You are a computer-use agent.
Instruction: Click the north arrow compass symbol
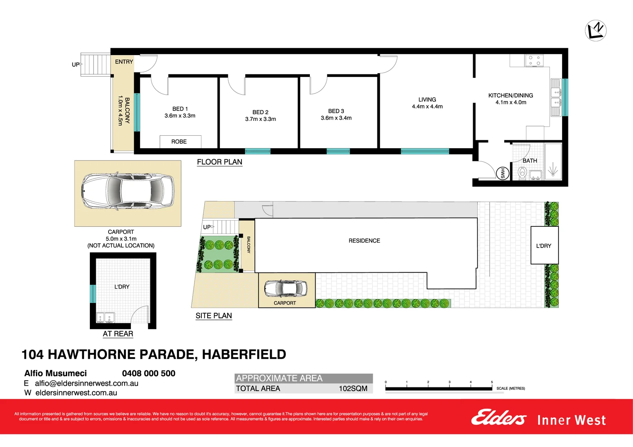coord(596,30)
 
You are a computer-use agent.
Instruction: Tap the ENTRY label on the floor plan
coord(124,62)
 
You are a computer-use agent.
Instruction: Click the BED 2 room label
coord(261,112)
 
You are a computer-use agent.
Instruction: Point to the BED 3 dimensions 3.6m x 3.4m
coord(336,118)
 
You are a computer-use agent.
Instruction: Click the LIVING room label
coord(427,99)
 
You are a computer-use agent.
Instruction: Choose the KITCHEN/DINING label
coord(510,95)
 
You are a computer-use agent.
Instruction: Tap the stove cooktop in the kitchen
coord(534,61)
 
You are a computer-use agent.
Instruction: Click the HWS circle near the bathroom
coord(503,173)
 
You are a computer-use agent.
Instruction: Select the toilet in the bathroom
coord(522,173)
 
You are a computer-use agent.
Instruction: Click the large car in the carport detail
coord(128,191)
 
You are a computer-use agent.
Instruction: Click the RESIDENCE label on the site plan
coord(364,240)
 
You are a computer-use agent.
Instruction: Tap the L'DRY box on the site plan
coord(544,245)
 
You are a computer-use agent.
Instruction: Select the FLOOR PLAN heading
coord(220,162)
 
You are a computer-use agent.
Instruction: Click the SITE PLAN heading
coord(214,316)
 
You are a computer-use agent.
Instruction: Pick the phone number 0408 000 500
coord(149,373)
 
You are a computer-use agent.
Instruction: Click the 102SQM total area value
coord(353,388)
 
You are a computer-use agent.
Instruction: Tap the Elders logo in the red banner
coord(498,418)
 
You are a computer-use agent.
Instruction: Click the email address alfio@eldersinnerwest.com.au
coord(87,383)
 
